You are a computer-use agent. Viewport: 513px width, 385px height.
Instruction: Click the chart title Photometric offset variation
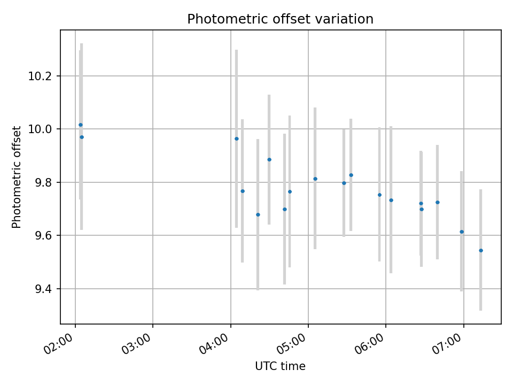(280, 19)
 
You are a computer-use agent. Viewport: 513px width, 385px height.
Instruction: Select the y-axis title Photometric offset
(17, 177)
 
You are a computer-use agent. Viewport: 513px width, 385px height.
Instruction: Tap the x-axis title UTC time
(280, 366)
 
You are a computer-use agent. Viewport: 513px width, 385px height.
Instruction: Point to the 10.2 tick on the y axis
(43, 76)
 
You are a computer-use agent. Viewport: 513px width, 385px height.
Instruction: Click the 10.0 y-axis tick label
(43, 129)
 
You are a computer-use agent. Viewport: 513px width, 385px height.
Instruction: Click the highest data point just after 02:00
(81, 125)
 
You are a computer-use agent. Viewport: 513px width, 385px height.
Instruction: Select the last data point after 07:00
(481, 250)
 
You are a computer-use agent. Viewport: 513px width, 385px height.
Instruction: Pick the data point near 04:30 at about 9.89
(269, 159)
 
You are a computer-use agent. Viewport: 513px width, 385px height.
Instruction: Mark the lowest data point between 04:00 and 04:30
(258, 214)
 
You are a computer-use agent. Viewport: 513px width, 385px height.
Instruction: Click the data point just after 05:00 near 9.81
(315, 179)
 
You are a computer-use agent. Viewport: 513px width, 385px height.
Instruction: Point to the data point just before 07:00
(462, 232)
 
